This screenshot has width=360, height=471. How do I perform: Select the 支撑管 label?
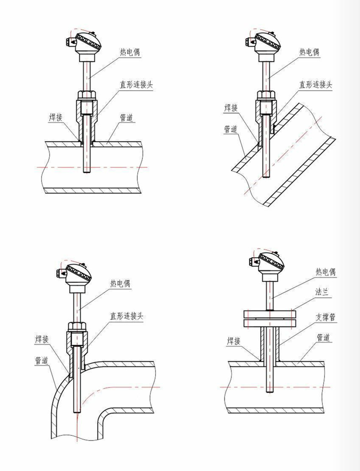click(x=326, y=317)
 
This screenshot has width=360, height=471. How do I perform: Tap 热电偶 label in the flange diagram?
click(x=326, y=272)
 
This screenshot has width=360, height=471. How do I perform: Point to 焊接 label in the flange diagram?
click(x=234, y=341)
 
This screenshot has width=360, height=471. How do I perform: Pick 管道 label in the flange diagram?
click(x=324, y=337)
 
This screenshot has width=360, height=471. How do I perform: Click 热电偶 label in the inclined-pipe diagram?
click(x=309, y=52)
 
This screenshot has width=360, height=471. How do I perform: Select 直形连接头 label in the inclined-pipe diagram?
click(x=315, y=85)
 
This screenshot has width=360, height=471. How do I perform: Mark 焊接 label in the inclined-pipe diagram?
click(x=231, y=108)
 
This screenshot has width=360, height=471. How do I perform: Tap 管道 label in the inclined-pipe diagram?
click(x=231, y=129)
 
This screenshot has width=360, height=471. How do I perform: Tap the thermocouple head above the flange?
click(x=272, y=264)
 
